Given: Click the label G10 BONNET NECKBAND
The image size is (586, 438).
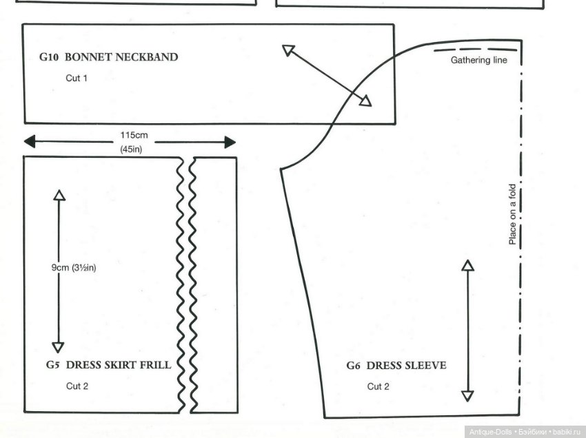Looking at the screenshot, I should pos(108,57).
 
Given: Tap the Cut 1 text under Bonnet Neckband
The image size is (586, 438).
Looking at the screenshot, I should pos(77,78).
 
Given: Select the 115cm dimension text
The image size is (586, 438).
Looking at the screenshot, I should pos(131,135).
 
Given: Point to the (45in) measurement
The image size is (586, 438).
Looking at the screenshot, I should pos(130,149).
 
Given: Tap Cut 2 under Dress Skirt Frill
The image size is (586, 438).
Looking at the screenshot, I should pos(77,386).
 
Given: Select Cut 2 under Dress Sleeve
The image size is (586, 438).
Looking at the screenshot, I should pos(378,386).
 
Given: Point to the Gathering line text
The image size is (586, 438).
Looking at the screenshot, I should pos(479,61).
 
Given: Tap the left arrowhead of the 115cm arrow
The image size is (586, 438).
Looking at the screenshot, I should pos(29,142).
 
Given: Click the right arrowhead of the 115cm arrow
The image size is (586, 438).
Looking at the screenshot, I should pos(230,143).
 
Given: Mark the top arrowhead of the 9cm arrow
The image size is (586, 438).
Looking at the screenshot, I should pos(59,194).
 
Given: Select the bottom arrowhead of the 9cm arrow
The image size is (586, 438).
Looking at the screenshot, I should pos(58,347).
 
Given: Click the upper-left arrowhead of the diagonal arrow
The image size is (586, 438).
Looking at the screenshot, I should pos(287,50).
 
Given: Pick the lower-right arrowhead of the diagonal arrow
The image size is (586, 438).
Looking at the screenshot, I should pos(365,102).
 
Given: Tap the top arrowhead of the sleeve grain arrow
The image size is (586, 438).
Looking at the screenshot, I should pos(467,265).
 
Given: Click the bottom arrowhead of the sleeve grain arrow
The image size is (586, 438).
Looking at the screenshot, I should pos(467,396).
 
